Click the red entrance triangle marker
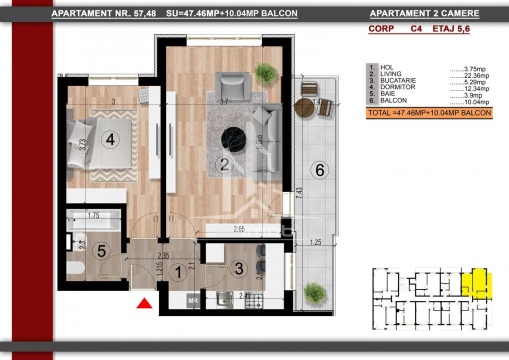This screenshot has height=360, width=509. click(x=144, y=303)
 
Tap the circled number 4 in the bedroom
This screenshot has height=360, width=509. click(x=110, y=139)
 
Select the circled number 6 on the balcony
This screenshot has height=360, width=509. click(x=319, y=170)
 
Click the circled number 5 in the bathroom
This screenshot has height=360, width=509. click(x=101, y=251)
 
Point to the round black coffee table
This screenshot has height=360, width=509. click(x=233, y=139)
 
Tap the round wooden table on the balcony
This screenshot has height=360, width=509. click(x=304, y=108)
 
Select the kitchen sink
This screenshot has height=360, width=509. click(x=224, y=299)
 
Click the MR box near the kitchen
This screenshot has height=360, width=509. click(x=193, y=300)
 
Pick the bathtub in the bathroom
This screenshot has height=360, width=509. click(x=93, y=220)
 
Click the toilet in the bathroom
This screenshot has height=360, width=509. click(x=75, y=268)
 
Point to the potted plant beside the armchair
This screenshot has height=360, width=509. click(x=265, y=73)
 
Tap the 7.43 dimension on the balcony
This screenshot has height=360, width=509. click(x=299, y=193)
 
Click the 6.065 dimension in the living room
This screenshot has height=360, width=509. click(x=259, y=142)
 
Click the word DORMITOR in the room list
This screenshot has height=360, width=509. click(x=397, y=87)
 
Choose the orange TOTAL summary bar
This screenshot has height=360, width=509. click(x=429, y=113)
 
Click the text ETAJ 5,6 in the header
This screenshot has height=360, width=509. click(x=451, y=29)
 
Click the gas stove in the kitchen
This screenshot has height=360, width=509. click(x=253, y=301)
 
